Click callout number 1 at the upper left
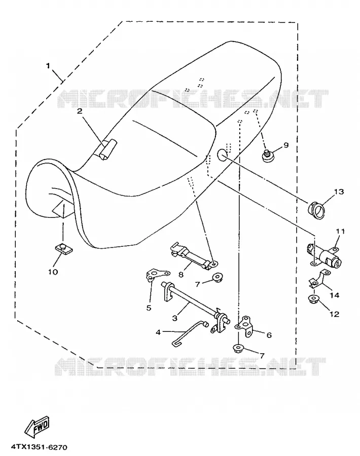48,65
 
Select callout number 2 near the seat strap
80,111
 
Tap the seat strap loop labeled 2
106,149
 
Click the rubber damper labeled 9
267,156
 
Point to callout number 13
339,192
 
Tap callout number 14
335,295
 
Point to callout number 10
53,272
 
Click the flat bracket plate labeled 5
157,275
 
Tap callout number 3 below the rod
174,318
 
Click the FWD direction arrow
37,427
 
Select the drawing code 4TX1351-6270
39,447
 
